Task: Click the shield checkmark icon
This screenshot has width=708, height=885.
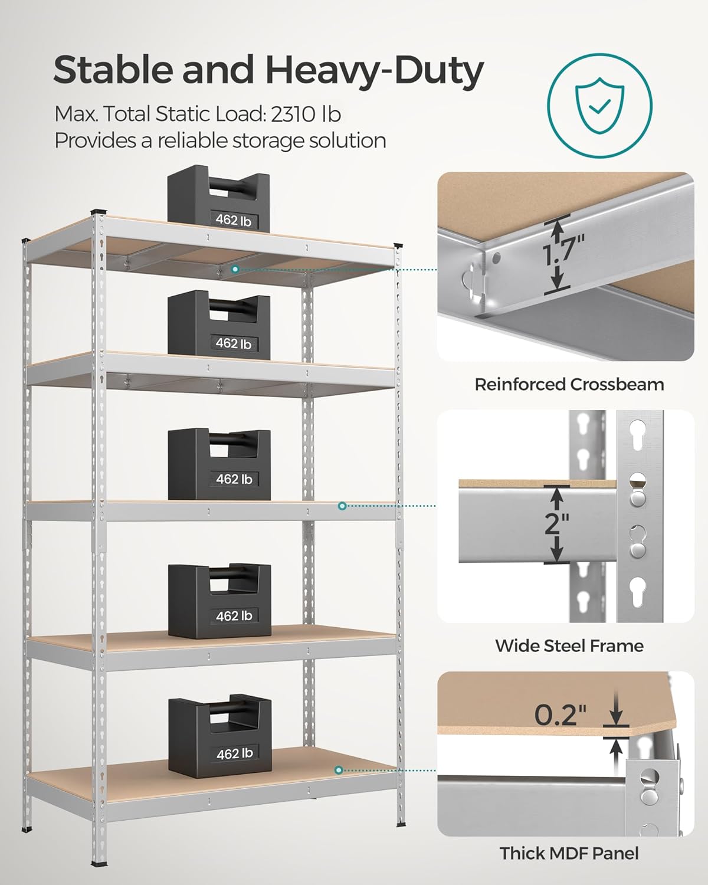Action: coord(599,106)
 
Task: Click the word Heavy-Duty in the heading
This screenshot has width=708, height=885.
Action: coord(374,70)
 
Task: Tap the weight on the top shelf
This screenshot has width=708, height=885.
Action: coord(219,202)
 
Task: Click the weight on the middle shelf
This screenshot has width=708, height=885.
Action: coord(219,464)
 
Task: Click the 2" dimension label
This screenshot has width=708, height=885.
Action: coord(556,523)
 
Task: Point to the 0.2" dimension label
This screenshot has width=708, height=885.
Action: coord(560,714)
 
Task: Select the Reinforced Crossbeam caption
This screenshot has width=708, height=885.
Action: coord(569,385)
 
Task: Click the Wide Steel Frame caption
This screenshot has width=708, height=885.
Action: coord(569,645)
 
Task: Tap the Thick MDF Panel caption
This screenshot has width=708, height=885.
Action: coord(569,853)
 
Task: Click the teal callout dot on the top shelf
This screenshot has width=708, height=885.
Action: coord(235,269)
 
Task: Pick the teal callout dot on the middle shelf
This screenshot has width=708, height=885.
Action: coord(342,506)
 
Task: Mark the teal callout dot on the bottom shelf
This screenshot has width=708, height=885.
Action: coord(339,770)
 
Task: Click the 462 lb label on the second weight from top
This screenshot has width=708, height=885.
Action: coord(234,343)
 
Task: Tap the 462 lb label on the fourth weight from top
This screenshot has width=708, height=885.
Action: coord(234,616)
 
